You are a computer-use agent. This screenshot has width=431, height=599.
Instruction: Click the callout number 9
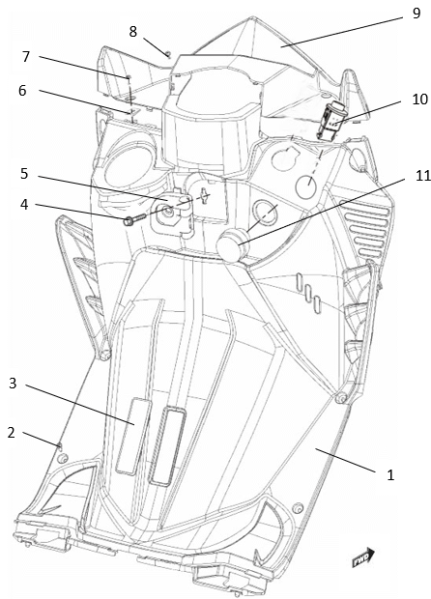pos(417,13)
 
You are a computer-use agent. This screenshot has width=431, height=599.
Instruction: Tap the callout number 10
pos(420,100)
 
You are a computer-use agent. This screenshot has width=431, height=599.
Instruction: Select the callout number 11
pos(422,176)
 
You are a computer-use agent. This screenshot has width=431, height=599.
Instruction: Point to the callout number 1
pos(390,475)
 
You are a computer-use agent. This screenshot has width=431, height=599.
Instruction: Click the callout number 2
pos(12,433)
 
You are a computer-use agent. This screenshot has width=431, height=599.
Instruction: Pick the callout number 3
pos(13,384)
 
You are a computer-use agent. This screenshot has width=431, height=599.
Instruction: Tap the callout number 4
pos(24,205)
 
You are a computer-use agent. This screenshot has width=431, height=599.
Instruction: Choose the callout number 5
pos(24,174)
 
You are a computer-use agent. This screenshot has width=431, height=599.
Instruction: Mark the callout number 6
pos(22,91)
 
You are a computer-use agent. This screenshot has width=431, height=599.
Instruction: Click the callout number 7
pos(25,57)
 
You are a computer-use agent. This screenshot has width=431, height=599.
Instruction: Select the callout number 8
pos(132,31)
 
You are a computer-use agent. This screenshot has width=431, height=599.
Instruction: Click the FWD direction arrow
pos(363,557)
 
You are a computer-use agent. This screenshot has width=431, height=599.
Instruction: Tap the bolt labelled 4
pos(134,219)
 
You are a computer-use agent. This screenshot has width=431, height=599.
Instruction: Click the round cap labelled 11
pos(232,246)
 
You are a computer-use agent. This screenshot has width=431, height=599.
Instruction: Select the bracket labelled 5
pos(172,213)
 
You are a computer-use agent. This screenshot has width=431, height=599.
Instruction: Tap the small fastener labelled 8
pos(167,53)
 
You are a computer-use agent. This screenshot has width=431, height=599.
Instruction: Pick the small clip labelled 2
pos(59,445)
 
